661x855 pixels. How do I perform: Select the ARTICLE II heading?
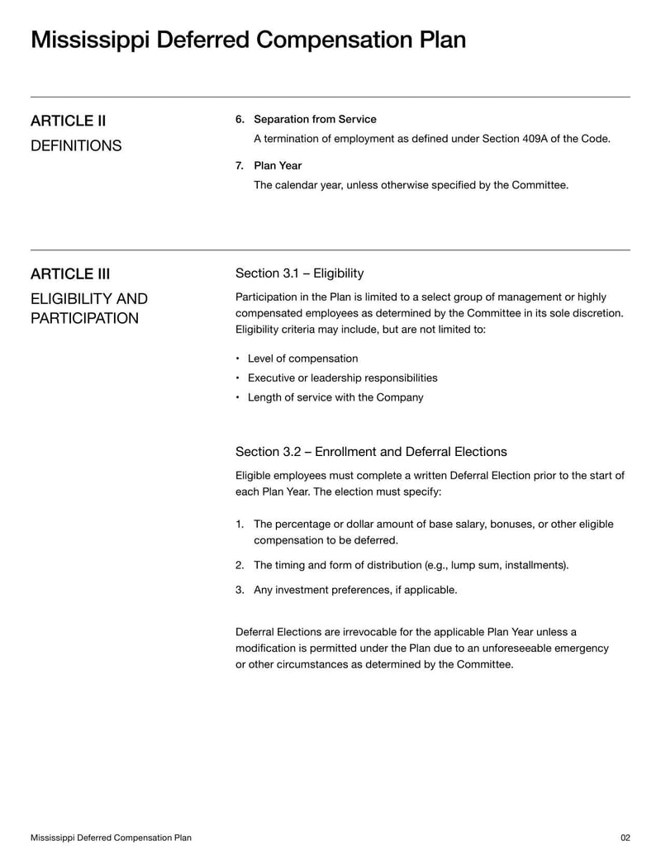(x=68, y=121)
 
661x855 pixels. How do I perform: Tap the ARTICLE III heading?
(x=70, y=274)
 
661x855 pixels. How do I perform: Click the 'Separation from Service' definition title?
(x=315, y=120)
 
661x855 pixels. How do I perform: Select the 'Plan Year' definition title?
(x=278, y=166)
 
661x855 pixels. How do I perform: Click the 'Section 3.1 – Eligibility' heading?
(x=299, y=273)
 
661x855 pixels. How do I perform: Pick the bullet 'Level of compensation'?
(x=302, y=359)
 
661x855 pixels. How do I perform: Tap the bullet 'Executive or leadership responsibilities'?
(x=342, y=378)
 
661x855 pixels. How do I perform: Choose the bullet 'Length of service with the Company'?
(x=335, y=397)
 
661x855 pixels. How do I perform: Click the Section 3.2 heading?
(x=371, y=452)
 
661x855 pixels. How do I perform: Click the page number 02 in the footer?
(x=625, y=838)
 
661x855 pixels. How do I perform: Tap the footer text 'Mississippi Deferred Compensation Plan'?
(x=111, y=838)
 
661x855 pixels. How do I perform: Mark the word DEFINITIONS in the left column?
(x=76, y=146)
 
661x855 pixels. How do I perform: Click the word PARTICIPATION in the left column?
(x=85, y=319)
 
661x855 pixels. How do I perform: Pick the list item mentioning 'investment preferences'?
(x=354, y=590)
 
